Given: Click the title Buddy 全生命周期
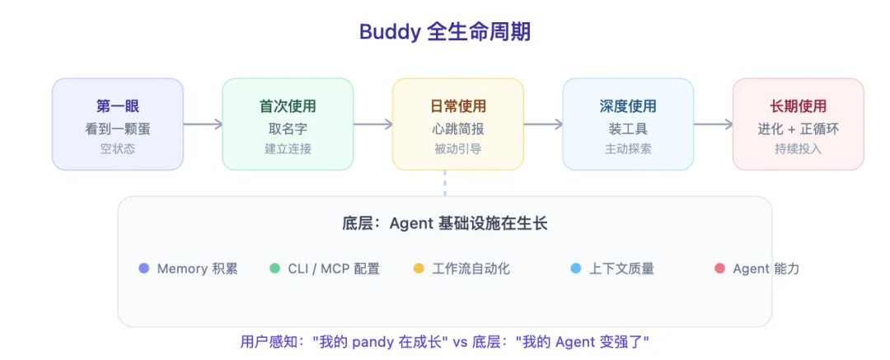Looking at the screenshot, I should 445,32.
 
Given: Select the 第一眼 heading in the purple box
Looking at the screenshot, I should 117,106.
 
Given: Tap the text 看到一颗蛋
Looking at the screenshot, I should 117,128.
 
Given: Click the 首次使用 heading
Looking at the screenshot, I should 288,106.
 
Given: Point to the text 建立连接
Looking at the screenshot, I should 288,149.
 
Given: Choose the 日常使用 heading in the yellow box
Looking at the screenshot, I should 458,106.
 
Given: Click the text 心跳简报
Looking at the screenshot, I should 458,128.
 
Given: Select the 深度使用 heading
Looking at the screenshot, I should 628,106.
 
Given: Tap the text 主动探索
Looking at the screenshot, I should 628,149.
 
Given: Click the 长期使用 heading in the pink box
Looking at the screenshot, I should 798,106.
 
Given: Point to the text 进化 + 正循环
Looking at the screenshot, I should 798,129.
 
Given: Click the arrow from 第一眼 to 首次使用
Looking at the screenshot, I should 203,124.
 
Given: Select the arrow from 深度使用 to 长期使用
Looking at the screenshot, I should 713,124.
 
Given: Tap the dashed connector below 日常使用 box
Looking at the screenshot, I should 445,183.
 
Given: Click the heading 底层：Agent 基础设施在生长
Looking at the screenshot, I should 445,223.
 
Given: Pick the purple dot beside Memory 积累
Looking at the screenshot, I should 144,269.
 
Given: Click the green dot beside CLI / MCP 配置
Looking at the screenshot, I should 275,269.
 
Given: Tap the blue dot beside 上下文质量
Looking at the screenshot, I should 576,269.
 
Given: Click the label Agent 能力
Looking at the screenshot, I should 766,269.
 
